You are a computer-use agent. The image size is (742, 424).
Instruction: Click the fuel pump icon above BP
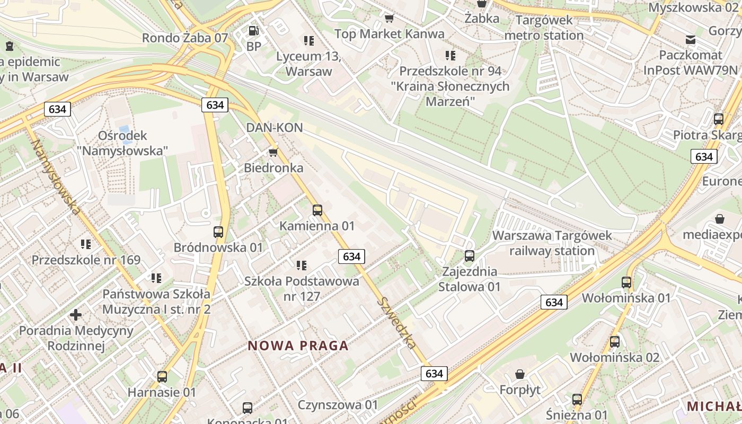[x=254, y=31]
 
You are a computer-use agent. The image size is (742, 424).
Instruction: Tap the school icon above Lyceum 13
[x=309, y=40]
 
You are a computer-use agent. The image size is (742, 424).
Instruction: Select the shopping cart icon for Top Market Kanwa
[x=390, y=19]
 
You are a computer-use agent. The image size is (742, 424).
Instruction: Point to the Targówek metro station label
[x=544, y=28]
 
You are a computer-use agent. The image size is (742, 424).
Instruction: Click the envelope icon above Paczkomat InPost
[x=690, y=39]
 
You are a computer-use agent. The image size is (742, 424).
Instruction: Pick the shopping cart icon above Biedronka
[x=273, y=153]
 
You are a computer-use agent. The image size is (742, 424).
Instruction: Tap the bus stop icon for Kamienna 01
[x=317, y=210]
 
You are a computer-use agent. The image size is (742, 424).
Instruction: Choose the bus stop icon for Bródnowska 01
[x=218, y=232]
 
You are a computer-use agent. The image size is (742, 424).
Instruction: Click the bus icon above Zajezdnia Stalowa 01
[x=469, y=256]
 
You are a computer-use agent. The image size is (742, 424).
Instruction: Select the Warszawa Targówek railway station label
[x=552, y=243]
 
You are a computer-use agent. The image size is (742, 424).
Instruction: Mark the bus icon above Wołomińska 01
[x=626, y=282]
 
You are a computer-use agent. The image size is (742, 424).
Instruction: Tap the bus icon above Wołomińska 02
[x=615, y=342]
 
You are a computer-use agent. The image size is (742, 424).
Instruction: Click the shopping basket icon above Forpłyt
[x=520, y=374]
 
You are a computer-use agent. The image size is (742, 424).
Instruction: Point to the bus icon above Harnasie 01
[x=162, y=377]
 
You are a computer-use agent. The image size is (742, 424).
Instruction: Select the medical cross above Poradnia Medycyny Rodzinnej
[x=76, y=315]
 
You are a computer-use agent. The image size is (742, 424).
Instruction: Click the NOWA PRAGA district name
[x=298, y=346]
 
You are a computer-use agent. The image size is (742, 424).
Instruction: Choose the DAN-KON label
[x=275, y=127]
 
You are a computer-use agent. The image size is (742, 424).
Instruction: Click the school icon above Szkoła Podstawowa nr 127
[x=302, y=265]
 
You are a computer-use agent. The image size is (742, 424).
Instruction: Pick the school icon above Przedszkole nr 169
[x=86, y=244]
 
